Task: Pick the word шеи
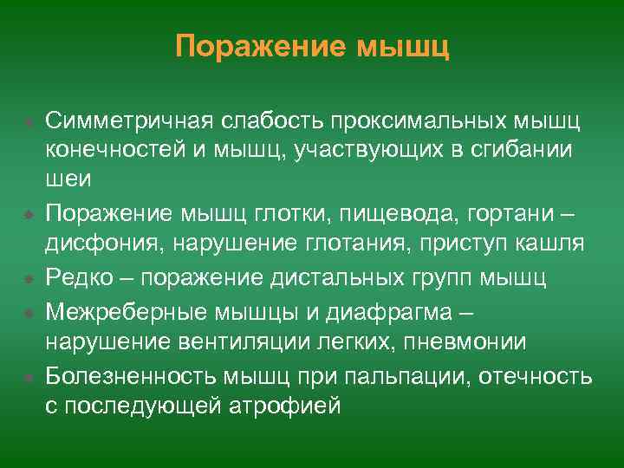click(x=65, y=180)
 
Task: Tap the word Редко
click(x=79, y=278)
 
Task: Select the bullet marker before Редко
click(x=29, y=279)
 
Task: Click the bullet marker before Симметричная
click(x=29, y=119)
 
